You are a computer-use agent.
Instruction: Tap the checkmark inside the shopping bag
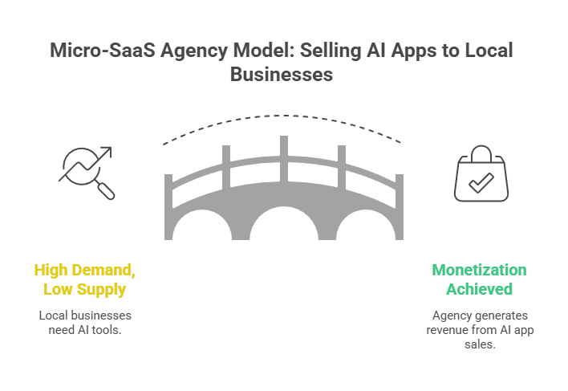pos(481,184)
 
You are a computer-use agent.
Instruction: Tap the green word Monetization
pos(480,271)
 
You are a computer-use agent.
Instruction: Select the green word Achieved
pos(480,288)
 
